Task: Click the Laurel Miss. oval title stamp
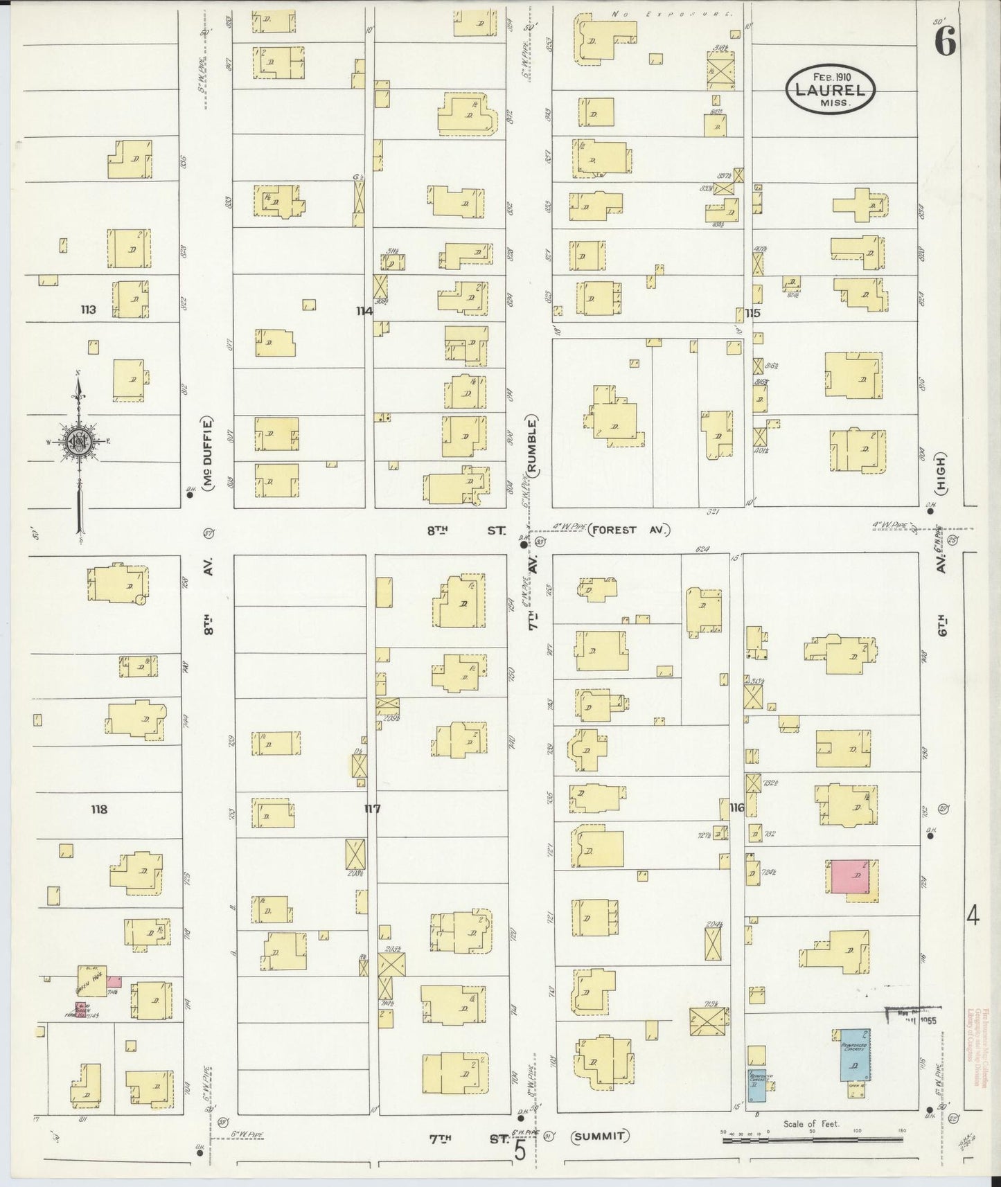pos(831,89)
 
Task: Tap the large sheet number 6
pos(945,43)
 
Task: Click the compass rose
pos(78,441)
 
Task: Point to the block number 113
pos(87,310)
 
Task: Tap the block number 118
pos(98,808)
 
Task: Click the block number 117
pos(372,808)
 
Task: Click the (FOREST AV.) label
pos(630,530)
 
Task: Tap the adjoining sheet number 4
pos(973,918)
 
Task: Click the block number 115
pos(753,313)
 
